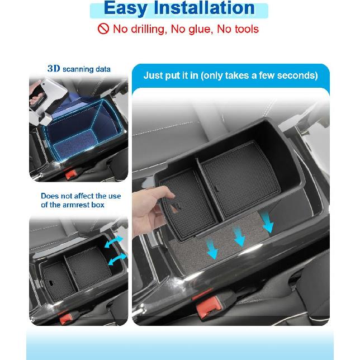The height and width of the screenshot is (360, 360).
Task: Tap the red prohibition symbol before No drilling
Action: point(103,29)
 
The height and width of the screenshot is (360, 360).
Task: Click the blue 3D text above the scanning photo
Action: point(54,69)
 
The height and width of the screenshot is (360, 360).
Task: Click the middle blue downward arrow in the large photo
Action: point(240,236)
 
